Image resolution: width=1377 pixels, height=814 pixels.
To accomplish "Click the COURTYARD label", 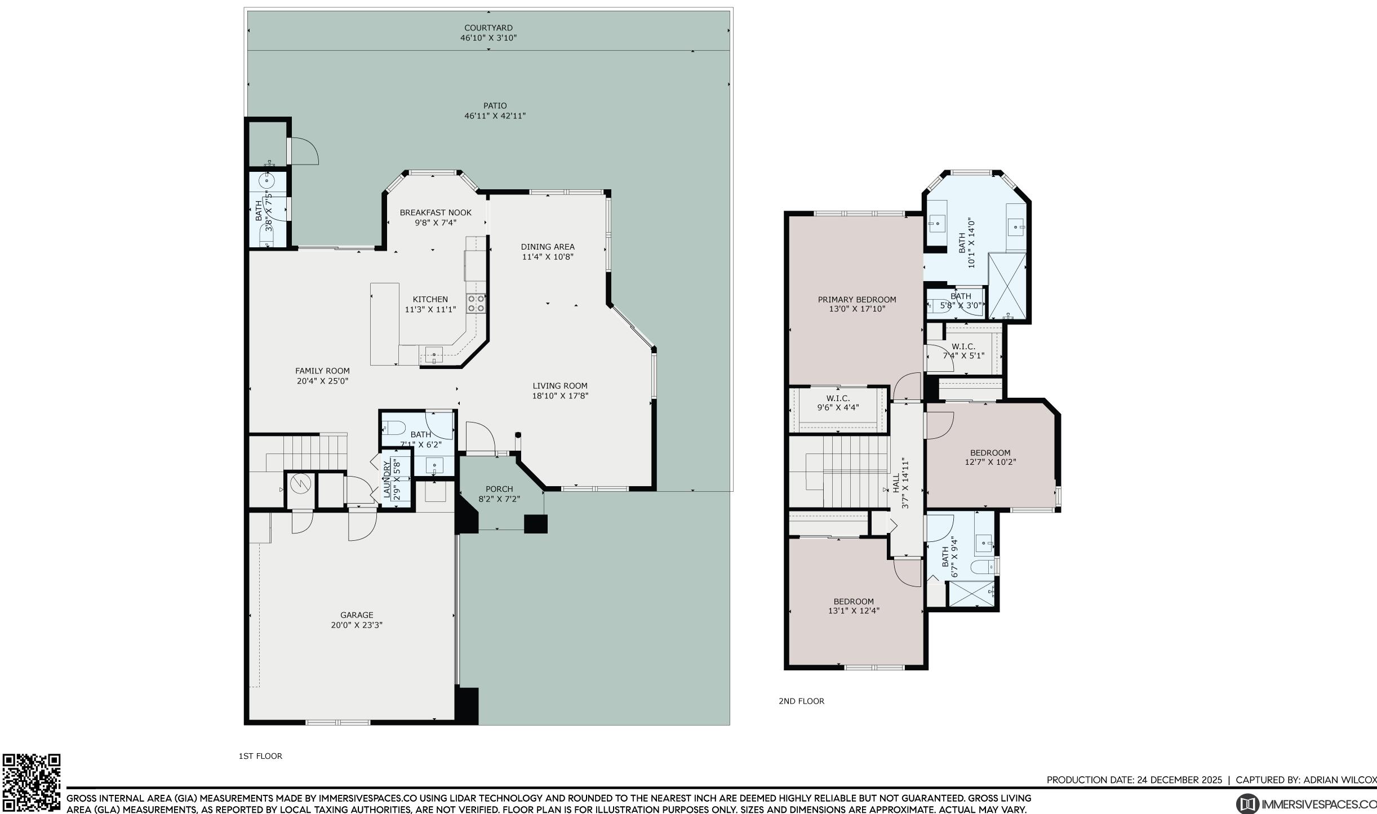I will pos(488,28).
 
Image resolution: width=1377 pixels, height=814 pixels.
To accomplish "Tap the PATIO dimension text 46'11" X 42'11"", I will pos(495,116).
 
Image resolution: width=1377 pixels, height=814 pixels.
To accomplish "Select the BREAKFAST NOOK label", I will pos(436,212).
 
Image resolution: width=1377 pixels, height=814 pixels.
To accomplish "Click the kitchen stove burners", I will pos(476,304).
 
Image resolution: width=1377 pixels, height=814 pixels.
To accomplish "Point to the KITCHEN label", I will pos(430,299).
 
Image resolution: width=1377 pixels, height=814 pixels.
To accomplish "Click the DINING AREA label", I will pos(548,247).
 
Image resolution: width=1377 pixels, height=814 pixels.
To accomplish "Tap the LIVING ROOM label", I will pos(560,386).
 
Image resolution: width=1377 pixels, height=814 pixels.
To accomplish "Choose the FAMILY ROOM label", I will pos(322,371).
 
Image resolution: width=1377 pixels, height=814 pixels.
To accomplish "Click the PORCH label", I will pos(499,489).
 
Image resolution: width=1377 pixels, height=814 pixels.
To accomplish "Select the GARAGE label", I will pos(357,615).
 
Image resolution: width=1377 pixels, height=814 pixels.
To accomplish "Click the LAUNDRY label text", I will pos(387,479).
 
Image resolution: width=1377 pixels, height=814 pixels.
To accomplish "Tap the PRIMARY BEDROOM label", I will pos(857,300).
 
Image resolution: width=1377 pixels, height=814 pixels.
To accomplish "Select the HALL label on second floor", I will pos(896,483).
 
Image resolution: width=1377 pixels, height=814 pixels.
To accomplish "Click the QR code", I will pos(32,782).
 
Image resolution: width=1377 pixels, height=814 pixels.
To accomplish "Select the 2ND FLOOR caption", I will pos(801,701).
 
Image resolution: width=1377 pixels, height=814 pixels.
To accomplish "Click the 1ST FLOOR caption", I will pos(260,756).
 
